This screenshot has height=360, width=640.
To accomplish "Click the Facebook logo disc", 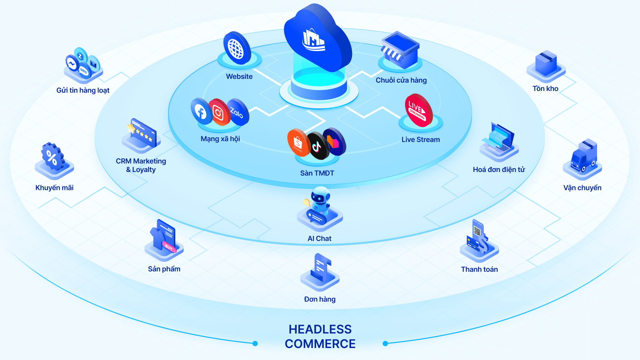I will coord(201,112).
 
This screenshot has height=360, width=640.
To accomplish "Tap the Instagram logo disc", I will coord(219,113).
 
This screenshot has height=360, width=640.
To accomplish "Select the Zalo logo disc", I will coord(237,112).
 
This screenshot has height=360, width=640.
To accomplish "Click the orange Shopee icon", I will coord(298,143).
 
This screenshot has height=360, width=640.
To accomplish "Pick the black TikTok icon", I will coord(317,146).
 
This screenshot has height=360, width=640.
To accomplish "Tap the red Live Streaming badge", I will coord(419,110).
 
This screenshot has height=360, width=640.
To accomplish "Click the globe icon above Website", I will coord(237,48).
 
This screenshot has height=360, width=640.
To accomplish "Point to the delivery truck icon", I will coord(583,157).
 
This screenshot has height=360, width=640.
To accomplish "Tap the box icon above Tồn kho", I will coord(546,63).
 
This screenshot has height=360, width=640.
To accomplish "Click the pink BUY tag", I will coord(169,248).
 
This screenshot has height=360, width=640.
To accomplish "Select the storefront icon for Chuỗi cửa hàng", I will coord(400,50).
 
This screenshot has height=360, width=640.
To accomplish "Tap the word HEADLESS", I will coord(320,329).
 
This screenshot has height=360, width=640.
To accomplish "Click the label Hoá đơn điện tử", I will coord(499,170).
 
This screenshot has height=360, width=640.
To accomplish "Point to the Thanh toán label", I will coord(479,269).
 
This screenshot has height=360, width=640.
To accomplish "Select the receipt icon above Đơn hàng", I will coord(321,268).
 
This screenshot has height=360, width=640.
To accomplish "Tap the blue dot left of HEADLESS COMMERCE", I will coord(255,343).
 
